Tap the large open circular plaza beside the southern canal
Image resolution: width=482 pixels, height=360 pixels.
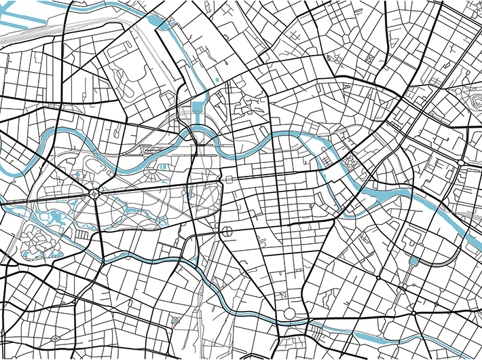[x=290, y=314]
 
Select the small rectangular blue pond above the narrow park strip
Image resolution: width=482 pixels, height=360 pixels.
[x=413, y=261]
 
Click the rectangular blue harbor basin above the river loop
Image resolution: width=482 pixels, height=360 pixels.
[x=198, y=107]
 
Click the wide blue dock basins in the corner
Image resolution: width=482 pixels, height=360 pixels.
[x=27, y=34]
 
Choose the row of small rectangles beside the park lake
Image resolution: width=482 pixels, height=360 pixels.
[x=81, y=234]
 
